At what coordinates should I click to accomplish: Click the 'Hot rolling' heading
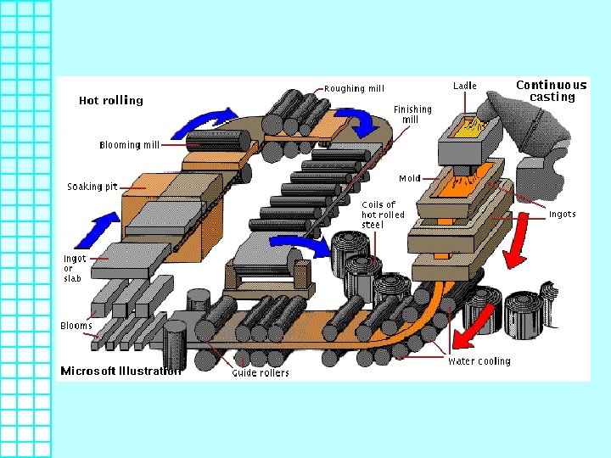tap(111, 100)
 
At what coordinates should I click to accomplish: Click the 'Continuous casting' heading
tap(552, 91)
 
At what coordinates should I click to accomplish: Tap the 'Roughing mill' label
tap(354, 88)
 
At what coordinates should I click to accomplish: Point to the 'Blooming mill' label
tap(129, 145)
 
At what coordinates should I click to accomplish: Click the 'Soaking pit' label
tap(92, 187)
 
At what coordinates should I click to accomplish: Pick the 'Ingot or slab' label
tap(75, 269)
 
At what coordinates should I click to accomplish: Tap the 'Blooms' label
tap(76, 326)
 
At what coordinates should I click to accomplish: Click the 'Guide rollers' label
tap(261, 372)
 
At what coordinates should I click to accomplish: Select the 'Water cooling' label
tap(479, 361)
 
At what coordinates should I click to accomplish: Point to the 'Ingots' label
tap(562, 214)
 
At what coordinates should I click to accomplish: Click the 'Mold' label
tap(410, 179)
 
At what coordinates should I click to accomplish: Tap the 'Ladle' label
tap(465, 86)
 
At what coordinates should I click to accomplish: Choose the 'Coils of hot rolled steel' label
tap(378, 215)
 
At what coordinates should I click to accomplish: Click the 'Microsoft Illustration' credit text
tap(121, 371)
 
